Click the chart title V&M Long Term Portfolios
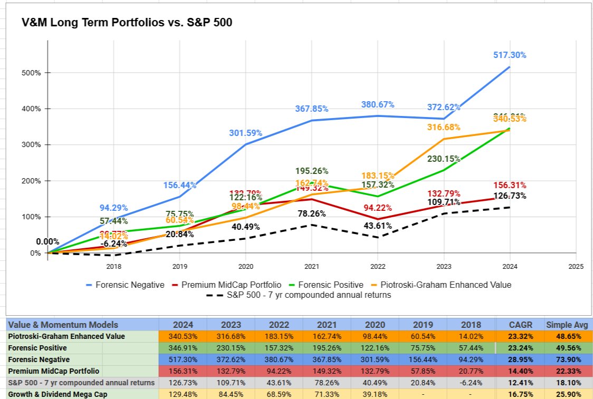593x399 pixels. coord(127,23)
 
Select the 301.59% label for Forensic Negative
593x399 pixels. coord(245,133)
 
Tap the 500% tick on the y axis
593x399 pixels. coord(32,73)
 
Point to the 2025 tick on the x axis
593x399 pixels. coord(576,267)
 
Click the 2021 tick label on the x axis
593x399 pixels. coord(312,267)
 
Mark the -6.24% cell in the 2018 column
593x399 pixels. coord(471,383)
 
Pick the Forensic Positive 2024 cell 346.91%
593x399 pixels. coord(183,348)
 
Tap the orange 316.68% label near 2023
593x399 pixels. coord(444,127)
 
